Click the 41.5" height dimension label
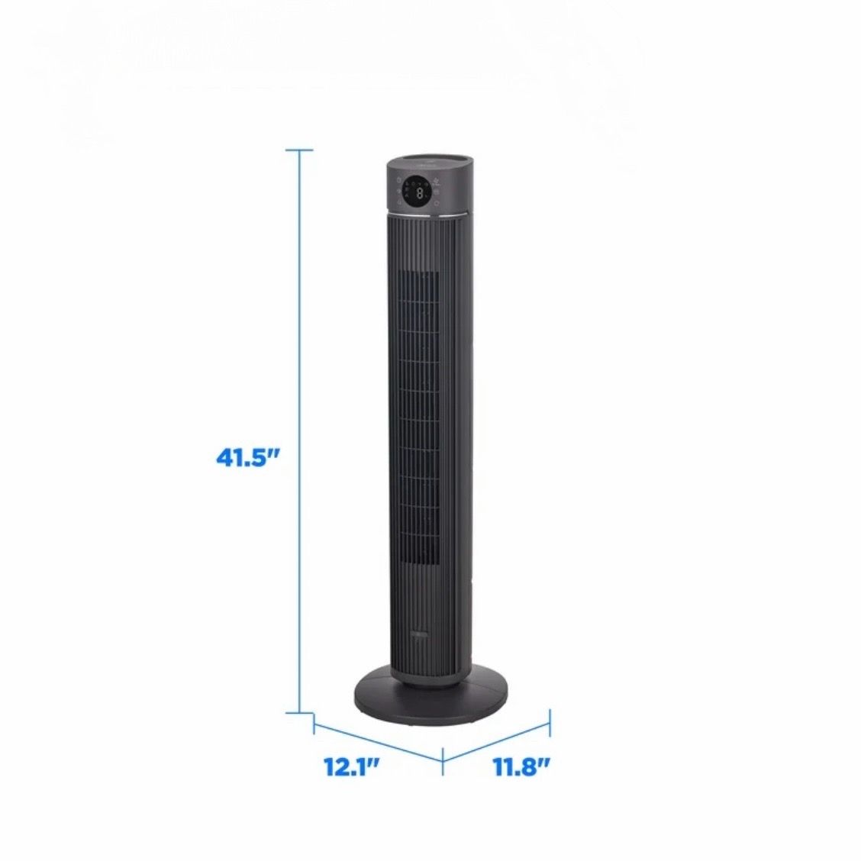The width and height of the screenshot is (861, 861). point(247,457)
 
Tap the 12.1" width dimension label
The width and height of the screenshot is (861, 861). point(351,767)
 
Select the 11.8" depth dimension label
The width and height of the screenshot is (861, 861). point(521,767)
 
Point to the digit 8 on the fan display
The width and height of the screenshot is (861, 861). point(420,193)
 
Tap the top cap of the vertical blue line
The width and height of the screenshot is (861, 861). point(300,150)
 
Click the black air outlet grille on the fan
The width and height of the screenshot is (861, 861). point(419,424)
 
